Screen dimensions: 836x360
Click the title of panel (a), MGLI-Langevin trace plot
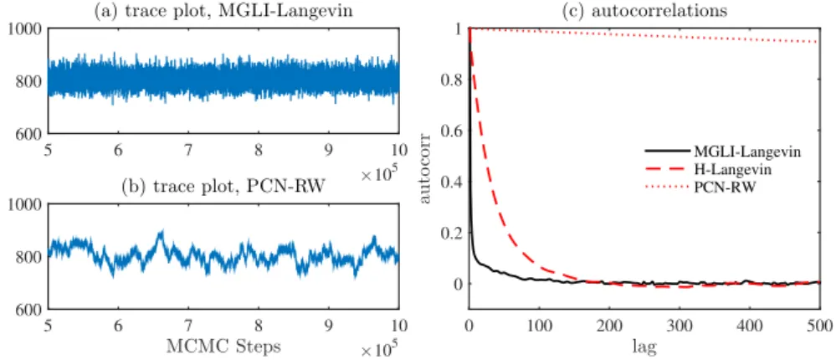tap(223, 11)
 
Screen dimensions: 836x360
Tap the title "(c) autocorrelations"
tap(644, 11)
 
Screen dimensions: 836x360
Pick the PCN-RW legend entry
tap(700, 187)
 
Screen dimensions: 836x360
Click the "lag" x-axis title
tap(644, 347)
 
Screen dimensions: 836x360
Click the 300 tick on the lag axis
tap(679, 325)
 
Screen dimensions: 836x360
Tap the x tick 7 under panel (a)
tap(188, 150)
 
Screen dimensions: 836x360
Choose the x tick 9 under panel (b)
tap(328, 326)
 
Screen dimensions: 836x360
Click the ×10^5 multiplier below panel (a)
tap(380, 175)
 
